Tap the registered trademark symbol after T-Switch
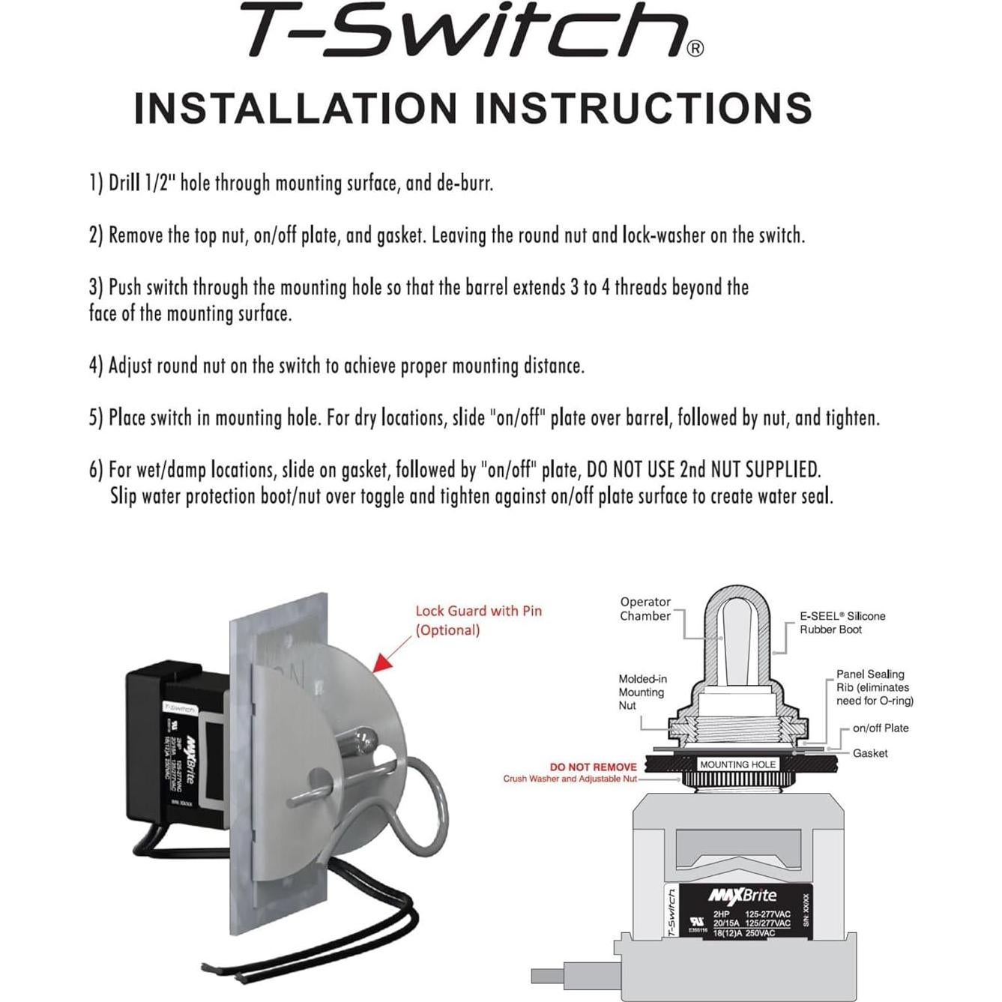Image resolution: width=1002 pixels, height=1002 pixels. [x=695, y=49]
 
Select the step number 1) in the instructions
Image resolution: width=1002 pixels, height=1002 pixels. [x=96, y=183]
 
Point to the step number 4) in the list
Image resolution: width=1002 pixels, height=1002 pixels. [x=96, y=366]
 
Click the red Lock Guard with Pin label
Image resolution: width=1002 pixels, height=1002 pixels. [x=478, y=620]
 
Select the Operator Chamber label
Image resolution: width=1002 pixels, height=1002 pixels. [x=645, y=609]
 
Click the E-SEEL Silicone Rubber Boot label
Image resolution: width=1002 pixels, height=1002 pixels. [x=842, y=623]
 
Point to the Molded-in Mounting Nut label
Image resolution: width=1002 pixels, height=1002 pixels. [x=642, y=692]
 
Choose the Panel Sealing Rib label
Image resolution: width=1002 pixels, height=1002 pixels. [x=874, y=687]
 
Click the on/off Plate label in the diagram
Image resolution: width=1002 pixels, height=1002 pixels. [x=880, y=728]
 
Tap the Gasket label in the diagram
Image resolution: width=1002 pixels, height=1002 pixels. [x=869, y=753]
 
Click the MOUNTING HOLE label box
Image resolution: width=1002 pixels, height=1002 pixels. [x=737, y=764]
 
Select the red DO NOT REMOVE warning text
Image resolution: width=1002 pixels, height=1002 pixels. [x=593, y=767]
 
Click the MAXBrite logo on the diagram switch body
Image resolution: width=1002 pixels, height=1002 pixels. [x=742, y=896]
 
